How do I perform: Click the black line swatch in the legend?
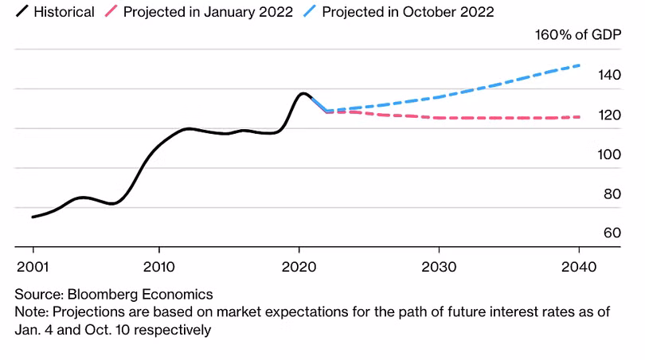pyautogui.click(x=21, y=12)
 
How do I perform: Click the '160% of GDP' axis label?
pyautogui.click(x=577, y=34)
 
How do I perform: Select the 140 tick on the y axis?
pyautogui.click(x=609, y=76)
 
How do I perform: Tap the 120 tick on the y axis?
pyautogui.click(x=609, y=115)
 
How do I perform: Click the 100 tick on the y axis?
pyautogui.click(x=609, y=155)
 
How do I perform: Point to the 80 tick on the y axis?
pyautogui.click(x=612, y=194)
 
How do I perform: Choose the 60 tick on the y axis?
pyautogui.click(x=612, y=233)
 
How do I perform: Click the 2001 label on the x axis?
pyautogui.click(x=33, y=264)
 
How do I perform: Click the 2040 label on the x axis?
pyautogui.click(x=578, y=264)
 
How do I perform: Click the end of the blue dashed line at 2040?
pyautogui.click(x=579, y=65)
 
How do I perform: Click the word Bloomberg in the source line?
pyautogui.click(x=96, y=294)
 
